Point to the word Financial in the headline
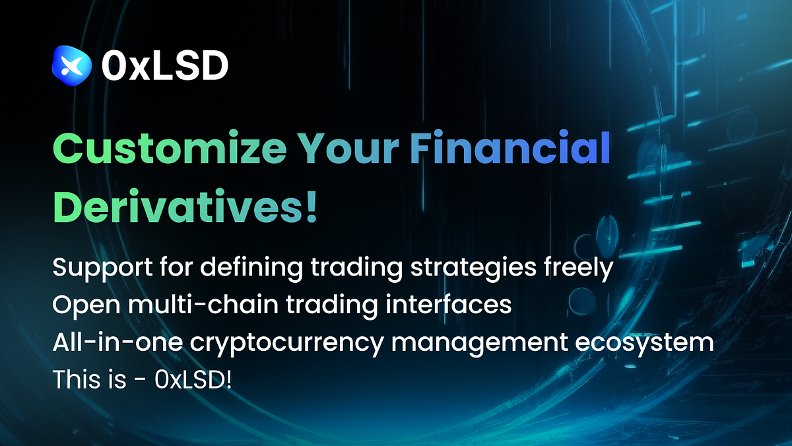(508, 150)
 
